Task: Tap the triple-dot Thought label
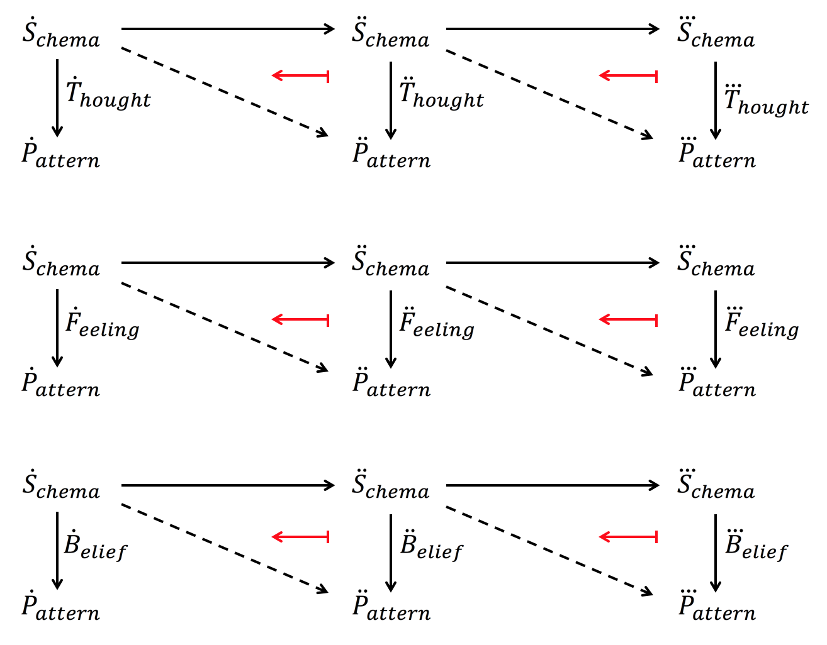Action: [x=766, y=101]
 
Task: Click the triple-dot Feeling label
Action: [x=762, y=324]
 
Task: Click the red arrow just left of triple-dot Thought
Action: [x=628, y=76]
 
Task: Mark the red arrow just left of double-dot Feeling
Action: [x=300, y=320]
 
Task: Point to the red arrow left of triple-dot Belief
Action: [x=628, y=537]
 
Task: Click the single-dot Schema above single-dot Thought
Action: [x=61, y=35]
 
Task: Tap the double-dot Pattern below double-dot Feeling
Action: [x=391, y=384]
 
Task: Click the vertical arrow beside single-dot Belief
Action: [x=57, y=551]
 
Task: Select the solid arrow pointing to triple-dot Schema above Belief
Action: [x=553, y=485]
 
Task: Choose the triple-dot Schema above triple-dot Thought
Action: [x=716, y=35]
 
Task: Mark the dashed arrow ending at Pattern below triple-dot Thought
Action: [x=549, y=94]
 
